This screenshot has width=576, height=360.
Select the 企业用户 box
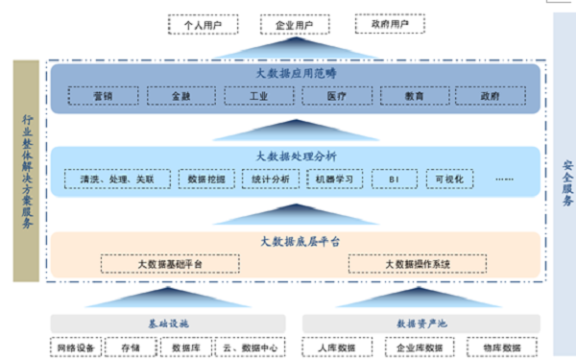pos(289,23)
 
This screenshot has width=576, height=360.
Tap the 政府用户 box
pos(381,23)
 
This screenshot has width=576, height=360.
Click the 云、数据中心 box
pos(244,348)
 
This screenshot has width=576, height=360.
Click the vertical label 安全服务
pos(566,182)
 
